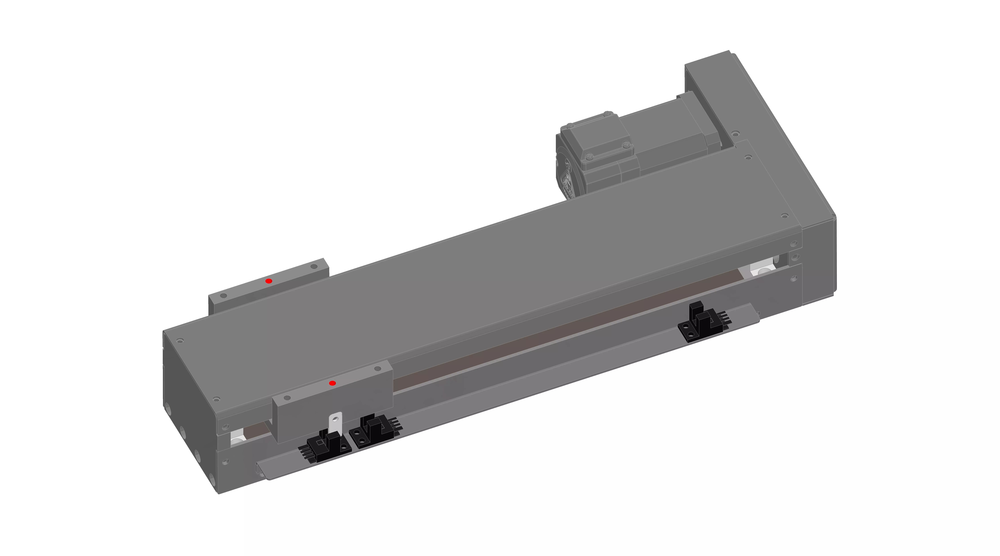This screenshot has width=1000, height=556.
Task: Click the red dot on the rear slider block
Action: click(269, 281)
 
